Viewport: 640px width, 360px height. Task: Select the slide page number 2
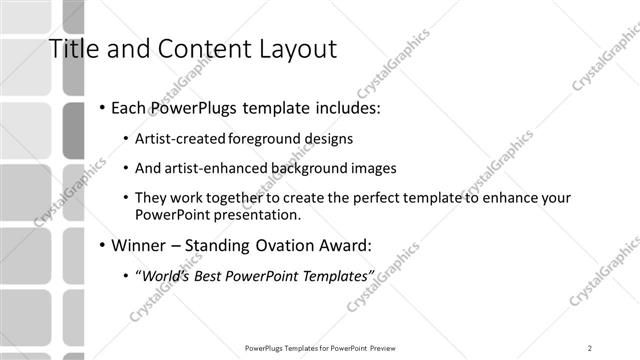pyautogui.click(x=590, y=347)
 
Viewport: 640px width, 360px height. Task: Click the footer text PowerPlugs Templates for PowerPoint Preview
pyautogui.click(x=319, y=347)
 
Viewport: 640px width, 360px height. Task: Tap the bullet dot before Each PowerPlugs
pyautogui.click(x=102, y=107)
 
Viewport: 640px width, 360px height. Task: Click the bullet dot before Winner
pyautogui.click(x=102, y=243)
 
